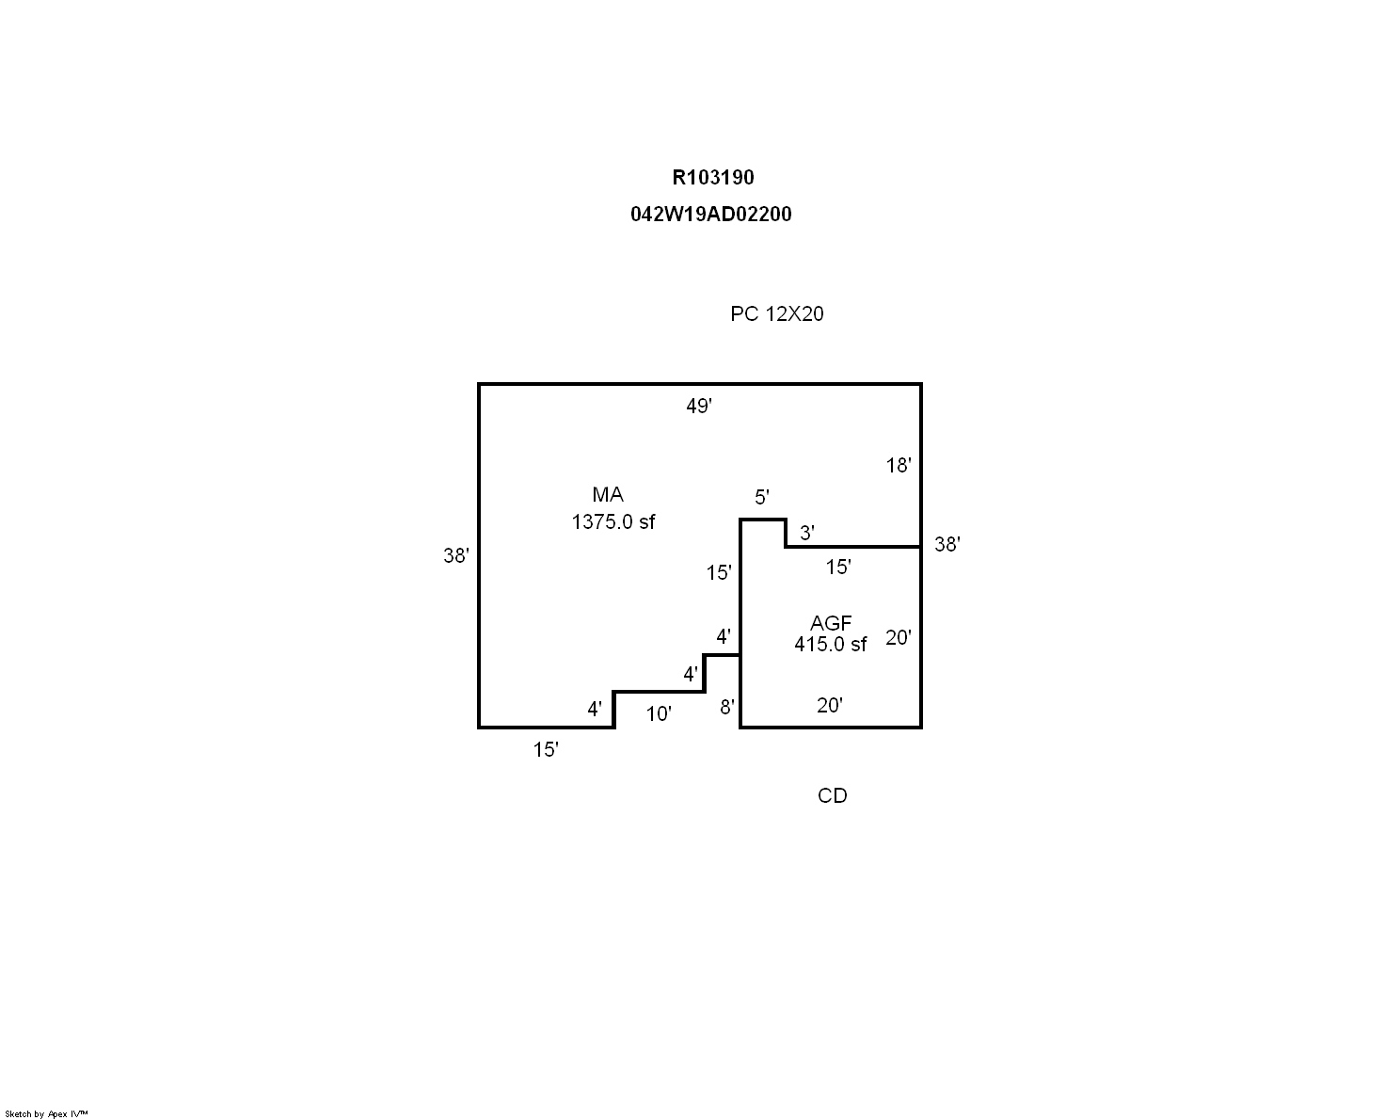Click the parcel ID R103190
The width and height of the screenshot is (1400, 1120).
pyautogui.click(x=712, y=177)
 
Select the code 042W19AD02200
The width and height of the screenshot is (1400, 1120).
pyautogui.click(x=710, y=214)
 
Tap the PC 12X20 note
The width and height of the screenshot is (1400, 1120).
pyautogui.click(x=776, y=313)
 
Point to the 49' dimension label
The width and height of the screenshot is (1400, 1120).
pyautogui.click(x=699, y=406)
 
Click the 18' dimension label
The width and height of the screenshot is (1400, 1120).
pyautogui.click(x=899, y=465)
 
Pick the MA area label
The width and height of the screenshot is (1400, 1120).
pyautogui.click(x=608, y=495)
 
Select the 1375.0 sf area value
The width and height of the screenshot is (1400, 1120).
pyautogui.click(x=612, y=522)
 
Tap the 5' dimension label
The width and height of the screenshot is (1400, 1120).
pyautogui.click(x=762, y=497)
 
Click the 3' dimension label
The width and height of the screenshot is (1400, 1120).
pyautogui.click(x=806, y=533)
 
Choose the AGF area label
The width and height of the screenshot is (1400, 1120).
pyautogui.click(x=831, y=623)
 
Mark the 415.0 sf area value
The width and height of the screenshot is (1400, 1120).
pyautogui.click(x=830, y=645)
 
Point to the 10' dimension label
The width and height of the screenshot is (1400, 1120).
pyautogui.click(x=659, y=714)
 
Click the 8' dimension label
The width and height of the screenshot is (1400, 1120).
pyautogui.click(x=726, y=707)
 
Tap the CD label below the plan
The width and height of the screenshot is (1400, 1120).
pyautogui.click(x=832, y=796)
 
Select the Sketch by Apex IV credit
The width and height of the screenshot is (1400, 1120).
pyautogui.click(x=46, y=1114)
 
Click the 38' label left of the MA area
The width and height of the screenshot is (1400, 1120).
pyautogui.click(x=456, y=555)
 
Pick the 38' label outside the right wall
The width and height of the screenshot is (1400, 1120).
pyautogui.click(x=947, y=544)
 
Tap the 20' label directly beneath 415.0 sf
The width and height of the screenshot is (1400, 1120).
pyautogui.click(x=830, y=705)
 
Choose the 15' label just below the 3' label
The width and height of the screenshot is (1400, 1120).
pyautogui.click(x=838, y=567)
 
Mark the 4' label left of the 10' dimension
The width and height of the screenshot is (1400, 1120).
pyautogui.click(x=595, y=709)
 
